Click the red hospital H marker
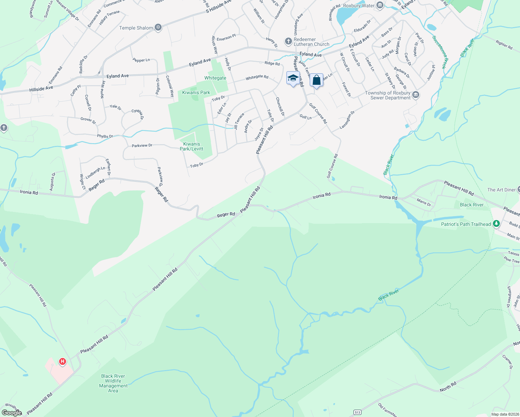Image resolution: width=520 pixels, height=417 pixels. tap(63, 362)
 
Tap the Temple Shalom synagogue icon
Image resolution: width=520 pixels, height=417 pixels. tap(158, 27)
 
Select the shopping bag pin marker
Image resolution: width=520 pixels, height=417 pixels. tap(316, 81)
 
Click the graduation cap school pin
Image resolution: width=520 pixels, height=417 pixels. tap(293, 78)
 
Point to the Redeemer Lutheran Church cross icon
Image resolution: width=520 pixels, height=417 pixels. tap(288, 42)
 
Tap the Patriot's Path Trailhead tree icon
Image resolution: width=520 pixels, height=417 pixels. tap(496, 224)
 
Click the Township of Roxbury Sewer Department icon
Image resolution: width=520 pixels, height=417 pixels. tap(416, 95)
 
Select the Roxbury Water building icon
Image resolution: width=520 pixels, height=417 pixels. tap(380, 5)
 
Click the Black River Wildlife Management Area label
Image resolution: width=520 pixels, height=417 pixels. tap(113, 383)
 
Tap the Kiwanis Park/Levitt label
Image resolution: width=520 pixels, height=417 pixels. tap(192, 146)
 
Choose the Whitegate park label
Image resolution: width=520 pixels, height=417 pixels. tap(215, 78)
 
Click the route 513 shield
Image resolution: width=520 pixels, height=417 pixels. tap(357, 412)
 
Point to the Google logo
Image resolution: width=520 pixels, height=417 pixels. tap(12, 412)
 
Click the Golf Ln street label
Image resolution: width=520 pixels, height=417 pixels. tap(306, 117)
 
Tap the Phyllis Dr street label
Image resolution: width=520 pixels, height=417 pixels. tap(105, 136)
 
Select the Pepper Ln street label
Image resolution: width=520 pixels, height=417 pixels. tap(141, 60)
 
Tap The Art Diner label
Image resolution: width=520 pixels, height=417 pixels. tap(501, 190)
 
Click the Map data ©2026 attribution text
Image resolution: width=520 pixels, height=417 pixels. tap(505, 414)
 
